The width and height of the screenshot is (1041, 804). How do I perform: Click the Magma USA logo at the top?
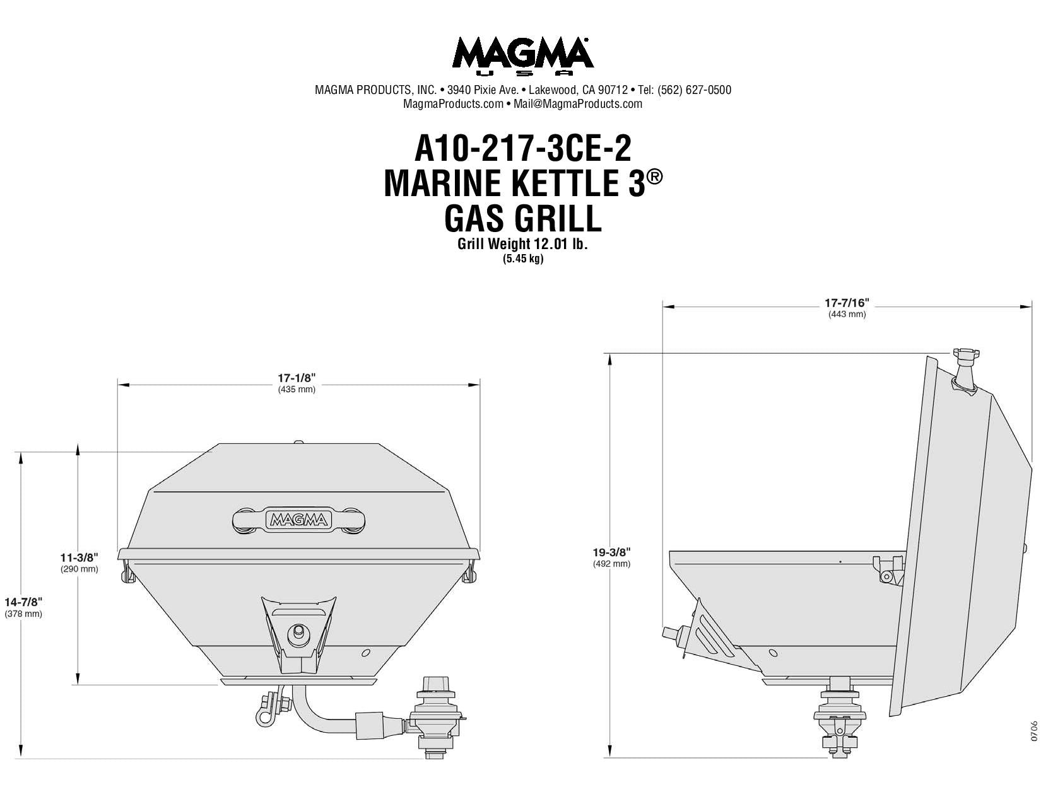coord(522,56)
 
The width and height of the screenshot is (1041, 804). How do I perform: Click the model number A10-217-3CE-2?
coord(522,148)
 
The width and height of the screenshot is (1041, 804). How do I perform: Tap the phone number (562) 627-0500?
coord(694,90)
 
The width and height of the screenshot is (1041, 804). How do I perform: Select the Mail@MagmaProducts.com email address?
coord(578,104)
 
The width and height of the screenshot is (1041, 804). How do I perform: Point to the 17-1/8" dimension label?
coord(297,378)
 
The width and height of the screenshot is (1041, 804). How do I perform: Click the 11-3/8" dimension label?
coord(79,557)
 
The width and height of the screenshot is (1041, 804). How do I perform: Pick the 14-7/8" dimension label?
coord(23,602)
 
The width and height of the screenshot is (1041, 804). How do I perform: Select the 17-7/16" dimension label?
coord(847,303)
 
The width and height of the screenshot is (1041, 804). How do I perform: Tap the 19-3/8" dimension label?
coord(612,552)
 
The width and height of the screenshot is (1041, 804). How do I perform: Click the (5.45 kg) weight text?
coord(522,259)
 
